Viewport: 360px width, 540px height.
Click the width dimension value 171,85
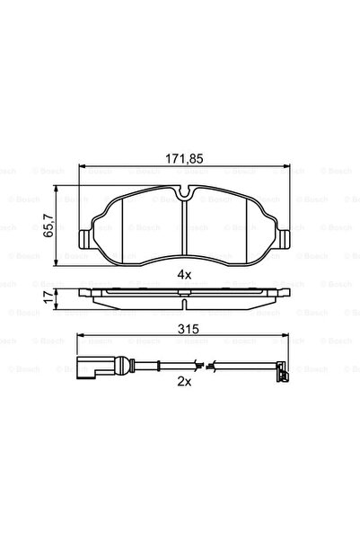tap(184, 158)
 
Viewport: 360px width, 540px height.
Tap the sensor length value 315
tap(184, 331)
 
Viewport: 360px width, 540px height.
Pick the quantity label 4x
tap(184, 273)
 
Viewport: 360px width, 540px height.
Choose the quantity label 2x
tap(184, 381)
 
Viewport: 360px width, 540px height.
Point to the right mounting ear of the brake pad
tap(285, 239)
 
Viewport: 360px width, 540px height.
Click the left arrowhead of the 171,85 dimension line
tap(83, 168)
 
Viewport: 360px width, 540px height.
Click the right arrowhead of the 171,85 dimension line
tap(285, 168)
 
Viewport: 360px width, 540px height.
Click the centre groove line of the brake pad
tap(184, 229)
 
